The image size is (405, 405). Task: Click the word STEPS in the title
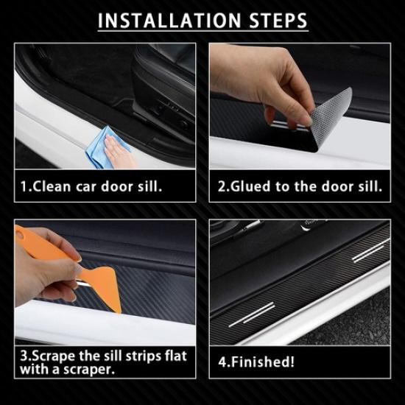275,20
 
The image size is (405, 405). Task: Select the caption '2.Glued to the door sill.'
300,186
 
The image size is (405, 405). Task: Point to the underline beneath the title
202,32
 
